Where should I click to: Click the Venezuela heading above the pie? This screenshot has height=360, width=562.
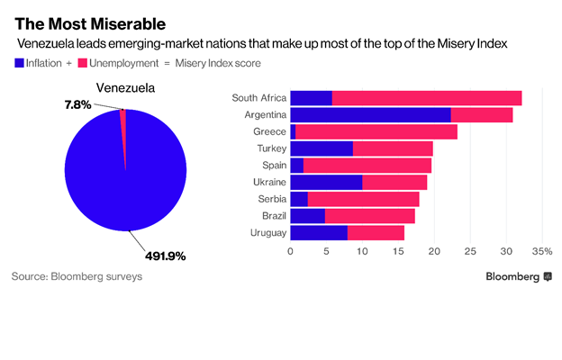pyautogui.click(x=125, y=88)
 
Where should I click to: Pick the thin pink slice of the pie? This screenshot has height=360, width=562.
pyautogui.click(x=123, y=135)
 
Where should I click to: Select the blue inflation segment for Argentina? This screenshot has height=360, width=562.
pyautogui.click(x=370, y=115)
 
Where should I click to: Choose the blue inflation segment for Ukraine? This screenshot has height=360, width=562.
pyautogui.click(x=326, y=183)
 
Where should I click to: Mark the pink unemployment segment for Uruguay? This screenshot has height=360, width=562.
pyautogui.click(x=376, y=233)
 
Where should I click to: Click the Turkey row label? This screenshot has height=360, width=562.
pyautogui.click(x=269, y=148)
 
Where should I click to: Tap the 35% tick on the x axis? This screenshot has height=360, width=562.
pyautogui.click(x=541, y=252)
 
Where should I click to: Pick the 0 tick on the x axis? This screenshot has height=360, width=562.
pyautogui.click(x=291, y=252)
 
